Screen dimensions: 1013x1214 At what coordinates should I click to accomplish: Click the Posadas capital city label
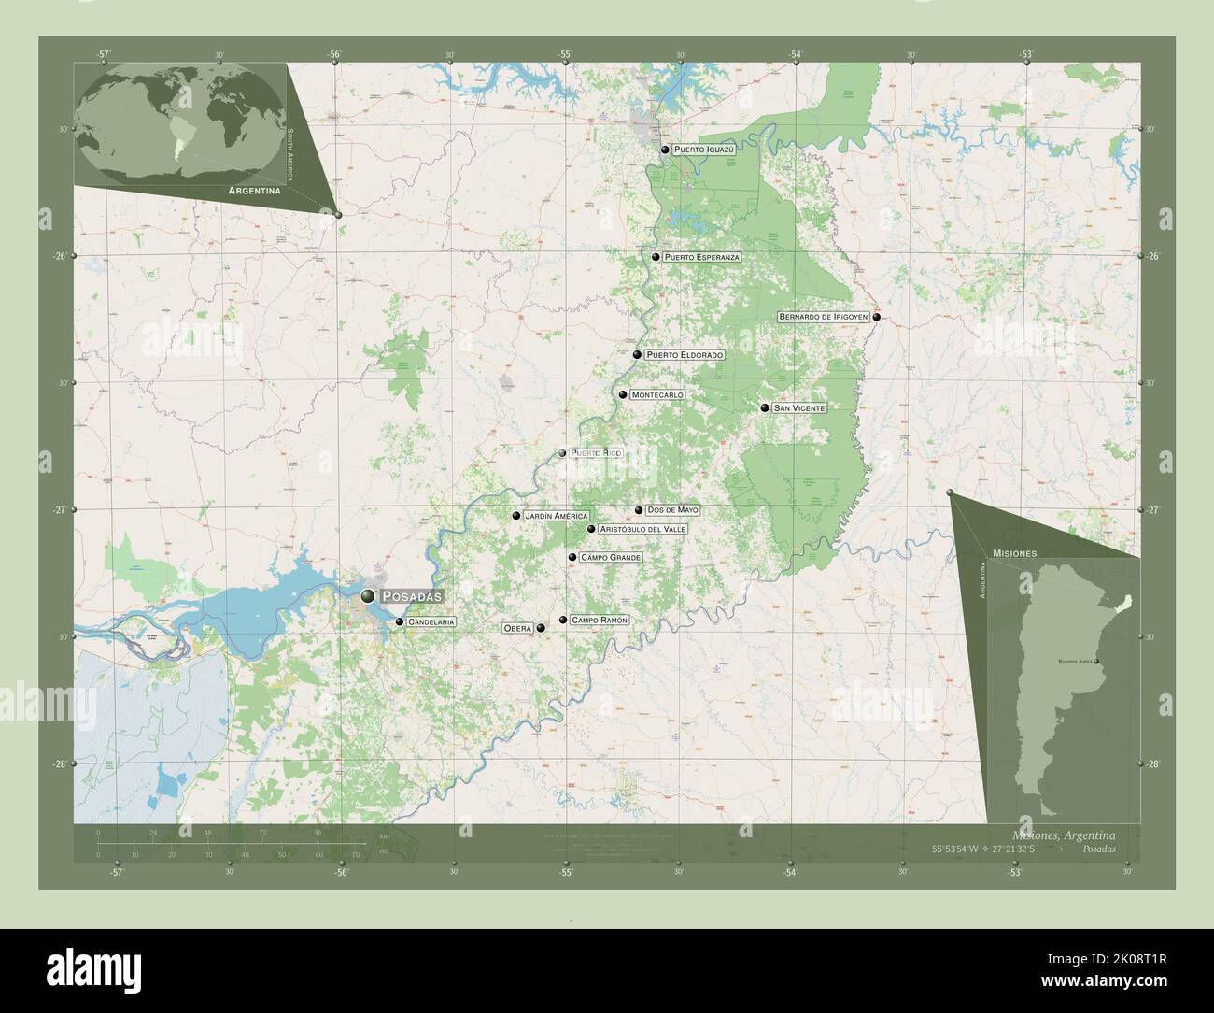411,595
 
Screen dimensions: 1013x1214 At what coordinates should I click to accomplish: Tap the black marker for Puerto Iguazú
665,150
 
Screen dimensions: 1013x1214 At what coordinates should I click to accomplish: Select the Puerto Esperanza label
702,257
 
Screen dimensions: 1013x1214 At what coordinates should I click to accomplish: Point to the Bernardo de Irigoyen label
824,317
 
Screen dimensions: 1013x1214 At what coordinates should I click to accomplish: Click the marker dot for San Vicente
764,407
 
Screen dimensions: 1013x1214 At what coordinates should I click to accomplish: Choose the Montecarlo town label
657,394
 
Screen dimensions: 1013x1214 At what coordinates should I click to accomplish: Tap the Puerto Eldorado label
685,355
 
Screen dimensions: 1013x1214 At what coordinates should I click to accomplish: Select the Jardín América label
556,516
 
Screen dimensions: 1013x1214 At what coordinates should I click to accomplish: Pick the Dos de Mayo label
672,510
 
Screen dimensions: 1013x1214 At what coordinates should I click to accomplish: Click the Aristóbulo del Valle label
642,529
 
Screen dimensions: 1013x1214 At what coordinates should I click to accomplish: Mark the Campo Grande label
611,557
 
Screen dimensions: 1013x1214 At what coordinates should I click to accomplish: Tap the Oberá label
517,628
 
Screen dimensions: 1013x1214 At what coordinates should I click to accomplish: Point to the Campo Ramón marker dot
562,620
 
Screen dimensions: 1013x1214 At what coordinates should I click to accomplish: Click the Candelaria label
431,621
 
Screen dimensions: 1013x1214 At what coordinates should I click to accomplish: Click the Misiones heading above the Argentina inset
1015,553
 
